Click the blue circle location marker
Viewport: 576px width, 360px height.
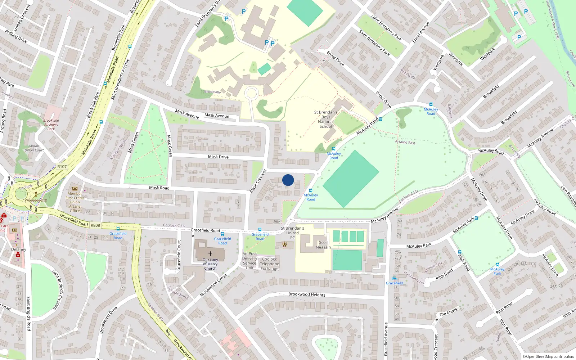click(288, 180)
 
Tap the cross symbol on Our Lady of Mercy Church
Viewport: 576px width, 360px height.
click(210, 253)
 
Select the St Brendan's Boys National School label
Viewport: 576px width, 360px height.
click(326, 119)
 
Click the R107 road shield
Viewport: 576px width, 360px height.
click(62, 166)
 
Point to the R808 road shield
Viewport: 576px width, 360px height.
click(95, 225)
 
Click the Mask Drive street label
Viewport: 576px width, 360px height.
click(218, 157)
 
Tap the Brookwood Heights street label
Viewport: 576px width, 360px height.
click(307, 294)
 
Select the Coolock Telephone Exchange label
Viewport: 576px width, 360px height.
click(270, 264)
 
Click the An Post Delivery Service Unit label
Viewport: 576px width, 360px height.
click(249, 261)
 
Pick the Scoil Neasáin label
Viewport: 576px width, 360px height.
click(323, 245)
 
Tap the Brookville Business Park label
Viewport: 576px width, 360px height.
click(51, 125)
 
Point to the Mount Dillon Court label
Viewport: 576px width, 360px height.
click(34, 148)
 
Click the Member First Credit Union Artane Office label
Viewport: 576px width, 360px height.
click(75, 202)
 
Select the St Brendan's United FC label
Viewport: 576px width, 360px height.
click(292, 233)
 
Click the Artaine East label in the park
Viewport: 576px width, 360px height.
click(405, 142)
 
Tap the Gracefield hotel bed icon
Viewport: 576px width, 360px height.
click(395, 278)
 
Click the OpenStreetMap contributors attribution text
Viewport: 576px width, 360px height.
click(548, 356)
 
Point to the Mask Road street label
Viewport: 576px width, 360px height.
click(159, 188)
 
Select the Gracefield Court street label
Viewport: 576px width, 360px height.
click(179, 255)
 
